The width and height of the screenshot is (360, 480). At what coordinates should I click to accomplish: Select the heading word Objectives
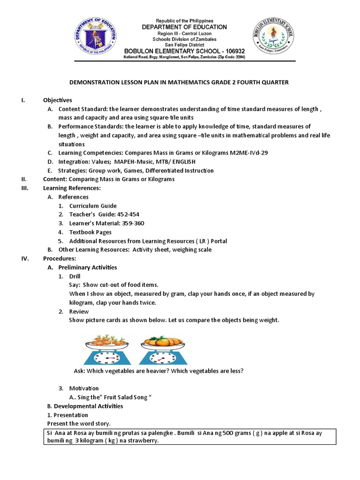(57, 100)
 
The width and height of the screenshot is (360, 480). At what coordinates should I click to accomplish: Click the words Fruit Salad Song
(123, 397)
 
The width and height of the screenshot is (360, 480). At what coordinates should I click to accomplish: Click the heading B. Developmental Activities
(85, 406)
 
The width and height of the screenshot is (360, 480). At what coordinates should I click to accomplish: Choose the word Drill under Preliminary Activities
(75, 276)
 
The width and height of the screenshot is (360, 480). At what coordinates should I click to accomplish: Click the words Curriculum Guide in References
(93, 206)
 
